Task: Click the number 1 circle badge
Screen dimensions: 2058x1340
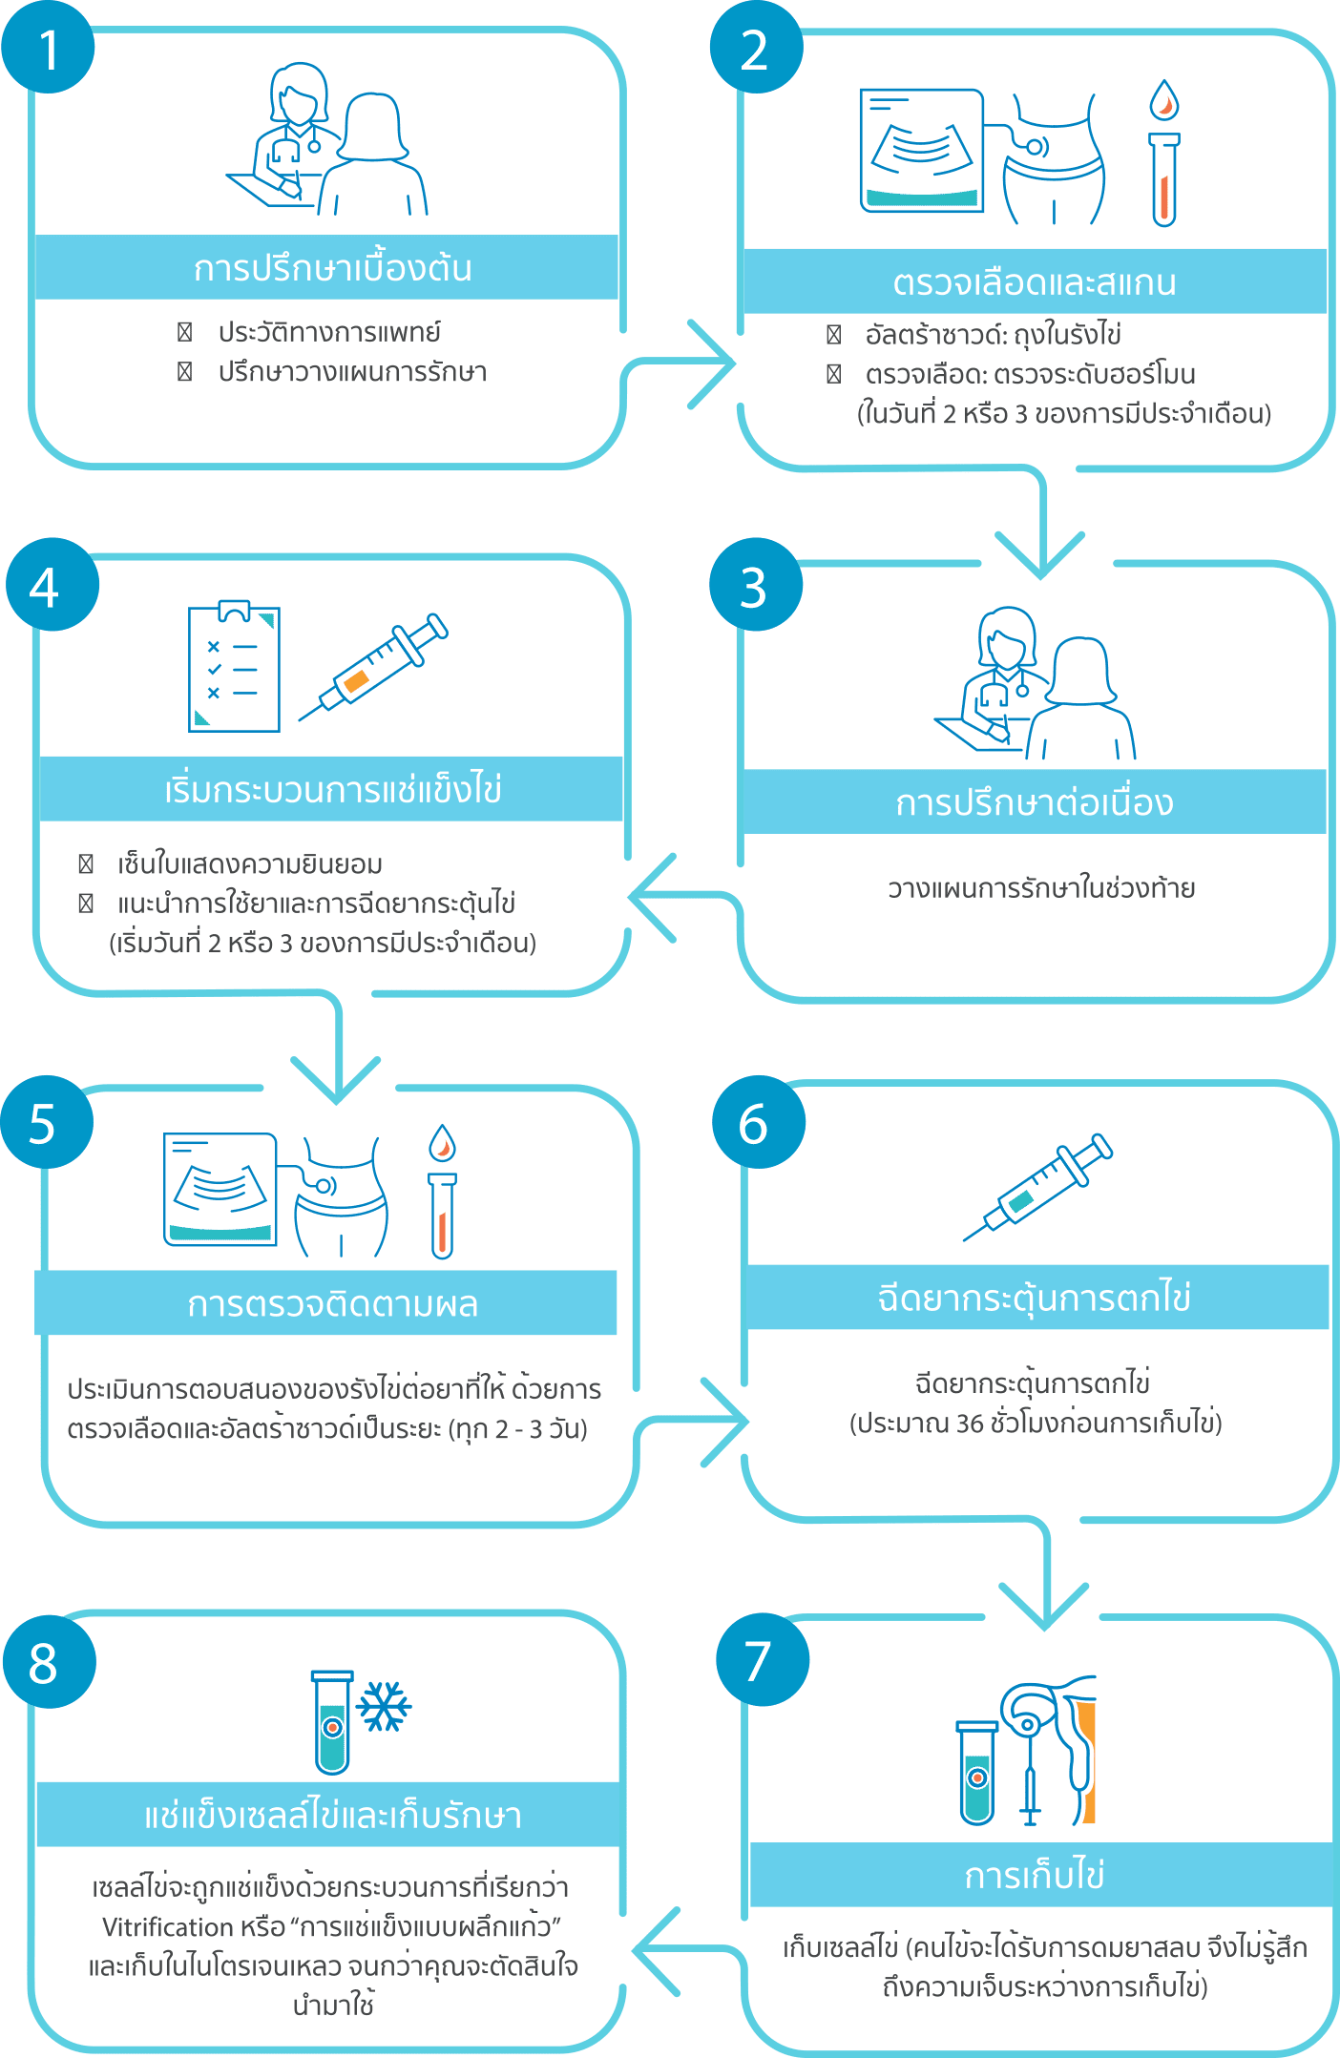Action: (x=48, y=48)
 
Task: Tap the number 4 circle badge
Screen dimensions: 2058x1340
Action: (x=52, y=585)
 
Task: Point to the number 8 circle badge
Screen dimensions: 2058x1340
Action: (x=49, y=1662)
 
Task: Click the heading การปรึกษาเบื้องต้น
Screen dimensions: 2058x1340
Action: (x=331, y=268)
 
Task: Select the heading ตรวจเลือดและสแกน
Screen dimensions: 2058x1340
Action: (x=1035, y=282)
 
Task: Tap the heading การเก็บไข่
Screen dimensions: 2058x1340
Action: (x=1035, y=1875)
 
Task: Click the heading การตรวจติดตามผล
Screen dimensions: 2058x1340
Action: (x=331, y=1303)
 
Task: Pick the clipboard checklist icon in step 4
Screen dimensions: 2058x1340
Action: (x=234, y=666)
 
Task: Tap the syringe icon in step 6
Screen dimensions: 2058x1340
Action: (x=1037, y=1186)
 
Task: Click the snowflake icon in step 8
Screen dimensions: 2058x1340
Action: (x=383, y=1706)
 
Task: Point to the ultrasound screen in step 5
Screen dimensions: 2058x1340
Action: (x=220, y=1189)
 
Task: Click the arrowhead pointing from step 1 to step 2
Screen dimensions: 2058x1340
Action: (x=716, y=364)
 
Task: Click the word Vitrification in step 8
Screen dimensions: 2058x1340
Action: (x=167, y=1926)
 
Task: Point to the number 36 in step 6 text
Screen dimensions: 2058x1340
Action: (x=969, y=1424)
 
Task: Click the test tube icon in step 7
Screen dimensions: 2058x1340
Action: (x=976, y=1772)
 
